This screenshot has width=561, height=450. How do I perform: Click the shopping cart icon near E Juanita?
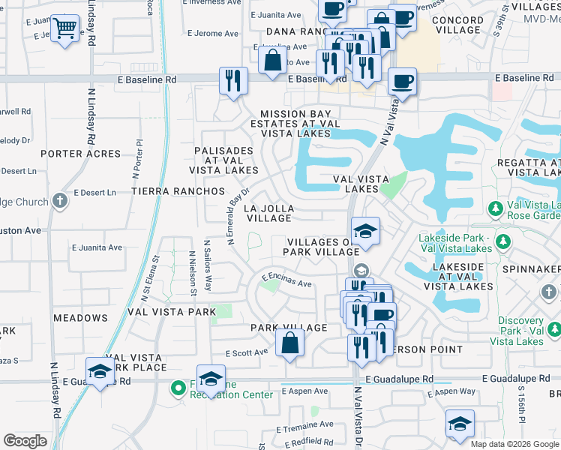pos(65,28)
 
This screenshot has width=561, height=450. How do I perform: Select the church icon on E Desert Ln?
pos(60,201)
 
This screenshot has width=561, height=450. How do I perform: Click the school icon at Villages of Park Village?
pos(364,231)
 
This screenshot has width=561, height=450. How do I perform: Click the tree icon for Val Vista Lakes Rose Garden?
pos(495,207)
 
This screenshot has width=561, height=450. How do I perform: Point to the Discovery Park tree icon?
pos(554,328)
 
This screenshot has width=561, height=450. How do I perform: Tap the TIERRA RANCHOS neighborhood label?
pos(178,191)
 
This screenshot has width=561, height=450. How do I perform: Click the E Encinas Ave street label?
pos(286,280)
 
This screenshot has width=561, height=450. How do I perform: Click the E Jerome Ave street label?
pos(213,34)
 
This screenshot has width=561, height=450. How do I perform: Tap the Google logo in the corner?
pos(25,440)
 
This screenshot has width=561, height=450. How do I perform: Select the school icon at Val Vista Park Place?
pos(100,370)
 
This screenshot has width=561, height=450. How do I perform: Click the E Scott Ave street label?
pos(246,352)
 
